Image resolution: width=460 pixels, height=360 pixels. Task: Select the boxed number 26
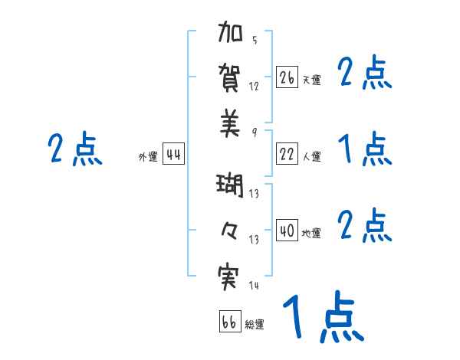click(x=287, y=77)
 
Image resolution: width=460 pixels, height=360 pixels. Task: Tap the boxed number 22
click(x=287, y=154)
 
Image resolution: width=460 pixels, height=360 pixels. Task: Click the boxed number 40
click(x=287, y=231)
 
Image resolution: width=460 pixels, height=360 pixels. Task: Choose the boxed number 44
click(x=173, y=155)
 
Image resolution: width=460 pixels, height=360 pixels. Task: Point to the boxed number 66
click(x=230, y=322)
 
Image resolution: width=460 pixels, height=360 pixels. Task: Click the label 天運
click(x=311, y=80)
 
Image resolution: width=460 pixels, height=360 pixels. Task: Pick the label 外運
click(x=148, y=157)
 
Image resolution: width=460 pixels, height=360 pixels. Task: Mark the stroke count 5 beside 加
click(x=255, y=40)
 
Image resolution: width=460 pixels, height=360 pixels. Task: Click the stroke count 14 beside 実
click(x=254, y=286)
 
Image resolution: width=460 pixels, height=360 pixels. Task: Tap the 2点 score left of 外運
click(x=74, y=149)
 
